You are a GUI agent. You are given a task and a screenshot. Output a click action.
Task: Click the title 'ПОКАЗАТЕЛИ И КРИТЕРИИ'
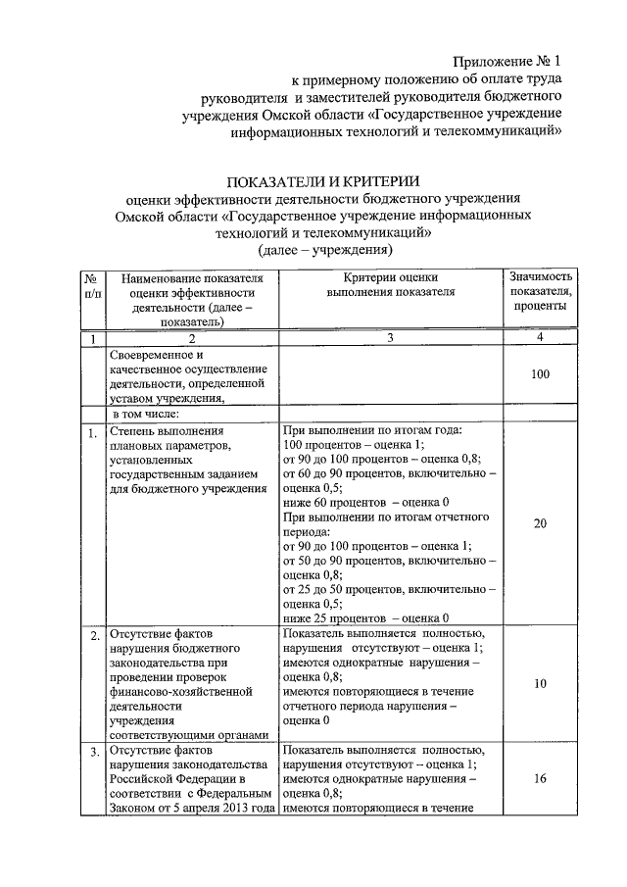[323, 181]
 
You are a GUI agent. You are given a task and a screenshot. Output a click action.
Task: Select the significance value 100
[540, 373]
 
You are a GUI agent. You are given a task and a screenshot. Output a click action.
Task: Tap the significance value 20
[540, 523]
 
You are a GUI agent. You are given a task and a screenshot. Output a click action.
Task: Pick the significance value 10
[540, 683]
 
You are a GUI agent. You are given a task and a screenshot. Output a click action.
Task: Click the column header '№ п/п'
[92, 291]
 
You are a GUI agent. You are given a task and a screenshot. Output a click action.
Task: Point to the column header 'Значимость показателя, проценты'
[540, 291]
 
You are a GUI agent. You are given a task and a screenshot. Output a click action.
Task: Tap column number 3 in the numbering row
[391, 338]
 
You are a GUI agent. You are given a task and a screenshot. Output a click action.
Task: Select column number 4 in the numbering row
[540, 338]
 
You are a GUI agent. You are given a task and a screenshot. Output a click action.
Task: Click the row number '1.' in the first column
[91, 432]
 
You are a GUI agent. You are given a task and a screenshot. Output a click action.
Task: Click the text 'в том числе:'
[146, 414]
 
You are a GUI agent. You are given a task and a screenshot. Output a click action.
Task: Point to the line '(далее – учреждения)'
[323, 251]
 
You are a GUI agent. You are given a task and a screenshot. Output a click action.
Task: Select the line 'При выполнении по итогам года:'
[372, 431]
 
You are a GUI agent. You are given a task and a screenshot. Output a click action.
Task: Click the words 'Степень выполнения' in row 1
[168, 431]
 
